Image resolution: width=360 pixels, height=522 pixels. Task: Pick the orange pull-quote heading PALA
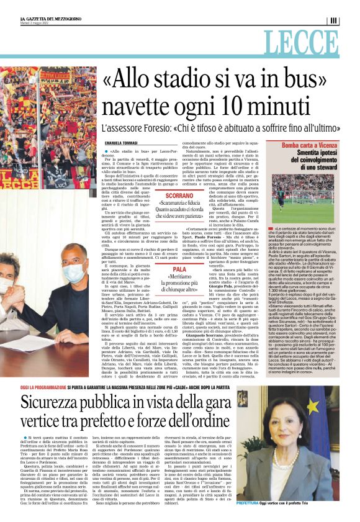click(x=179, y=270)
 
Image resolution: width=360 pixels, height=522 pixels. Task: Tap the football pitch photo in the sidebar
click(x=305, y=199)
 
